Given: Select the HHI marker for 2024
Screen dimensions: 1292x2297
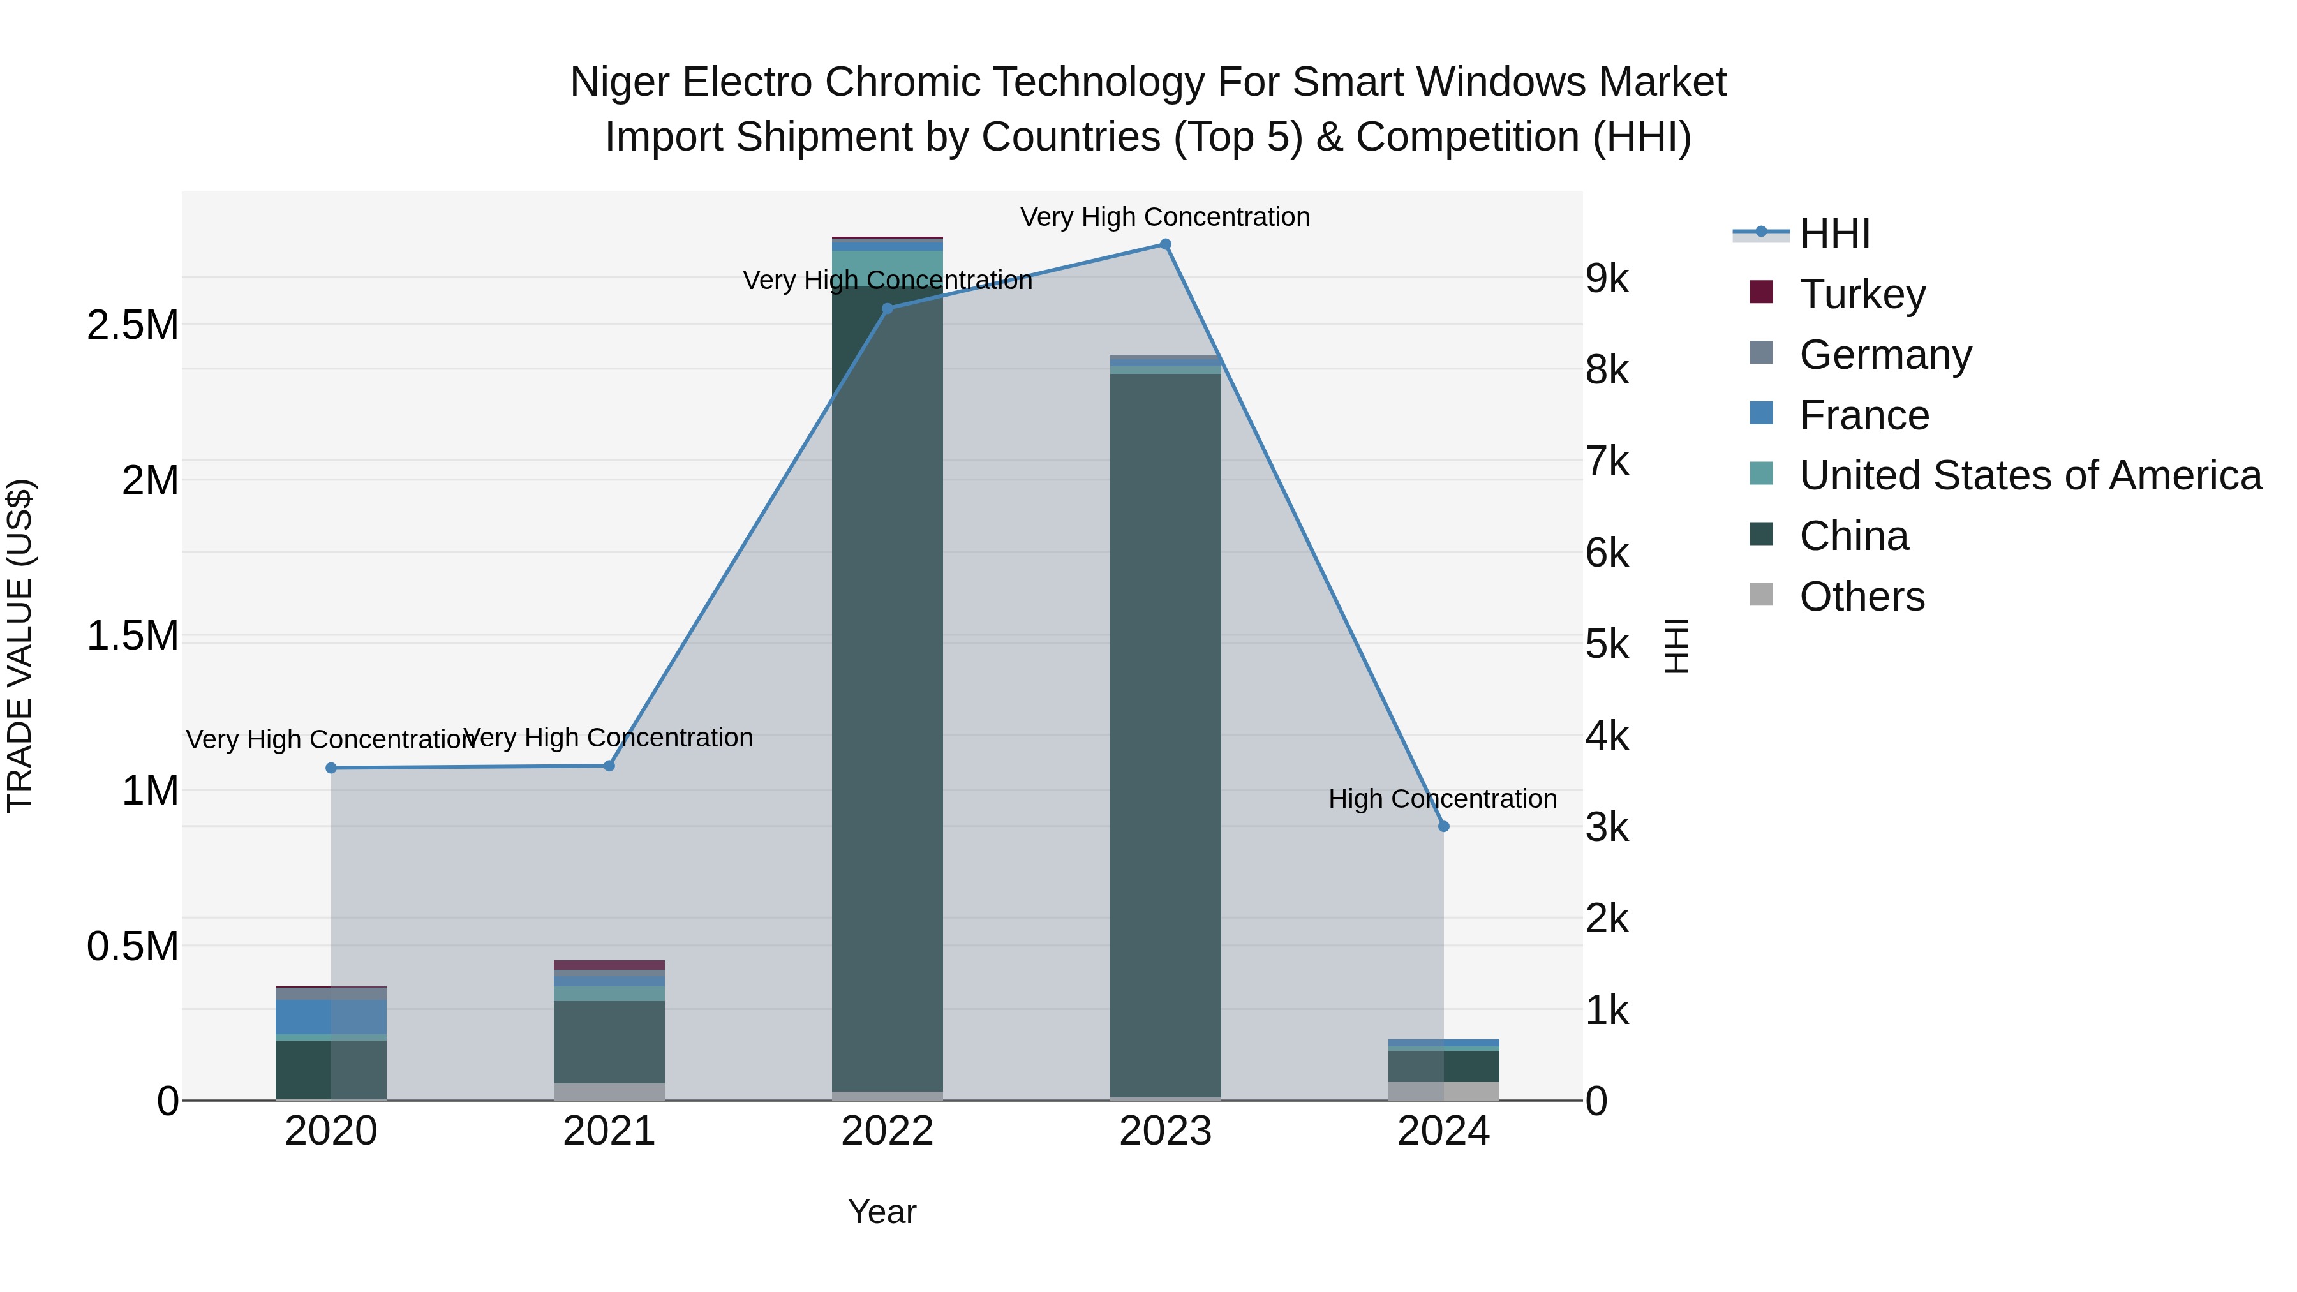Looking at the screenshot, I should coord(1444,826).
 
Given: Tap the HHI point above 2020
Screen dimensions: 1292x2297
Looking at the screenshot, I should coord(331,768).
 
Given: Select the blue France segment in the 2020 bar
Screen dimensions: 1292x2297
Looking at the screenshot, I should coord(331,1016).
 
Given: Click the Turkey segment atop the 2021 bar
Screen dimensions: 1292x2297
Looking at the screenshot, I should coord(609,965).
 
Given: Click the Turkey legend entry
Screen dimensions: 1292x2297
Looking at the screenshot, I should coord(1862,294).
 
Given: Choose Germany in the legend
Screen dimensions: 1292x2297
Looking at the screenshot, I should coord(1884,355).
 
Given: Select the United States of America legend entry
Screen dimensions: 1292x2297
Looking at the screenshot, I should coord(2030,475).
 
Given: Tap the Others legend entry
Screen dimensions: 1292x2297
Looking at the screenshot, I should coord(1861,597).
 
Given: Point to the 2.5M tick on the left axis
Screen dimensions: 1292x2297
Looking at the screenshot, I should coord(132,325).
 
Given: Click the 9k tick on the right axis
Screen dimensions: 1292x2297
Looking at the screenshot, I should coord(1607,279).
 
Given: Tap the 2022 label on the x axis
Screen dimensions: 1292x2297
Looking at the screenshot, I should coord(888,1131).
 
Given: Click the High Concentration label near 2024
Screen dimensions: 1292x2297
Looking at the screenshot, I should coord(1442,799).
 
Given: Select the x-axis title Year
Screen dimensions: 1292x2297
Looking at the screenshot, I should coord(882,1212).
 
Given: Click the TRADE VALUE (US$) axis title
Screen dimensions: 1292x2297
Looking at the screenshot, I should coord(20,646).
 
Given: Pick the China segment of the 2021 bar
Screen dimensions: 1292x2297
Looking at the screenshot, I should coord(609,1041).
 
